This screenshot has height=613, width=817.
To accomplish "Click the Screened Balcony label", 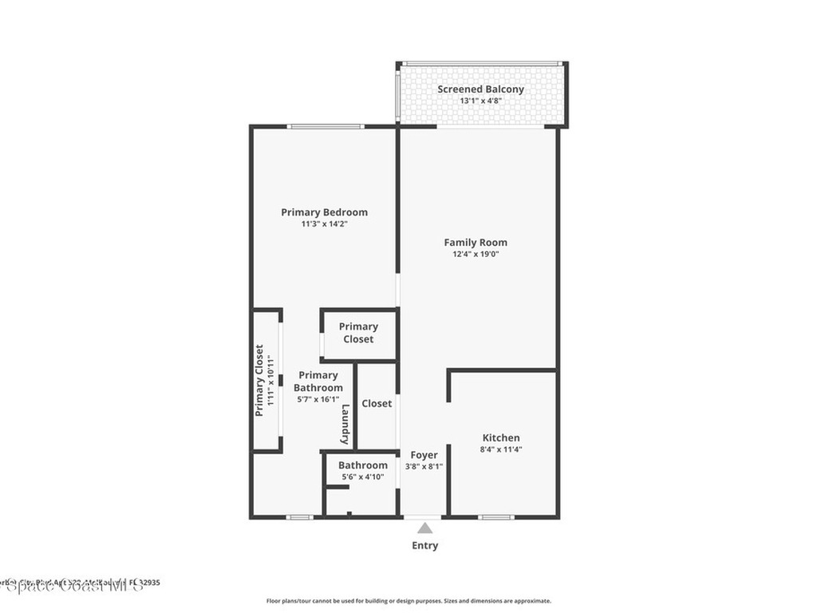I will (x=480, y=89).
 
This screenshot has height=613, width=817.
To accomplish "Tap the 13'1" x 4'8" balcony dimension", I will (x=480, y=101).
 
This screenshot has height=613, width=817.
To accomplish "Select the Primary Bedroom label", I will (x=324, y=212).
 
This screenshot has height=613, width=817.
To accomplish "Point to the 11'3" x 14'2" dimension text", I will (x=324, y=224).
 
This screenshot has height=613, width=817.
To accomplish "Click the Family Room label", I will (x=476, y=243).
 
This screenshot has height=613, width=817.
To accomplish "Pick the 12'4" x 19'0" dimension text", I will (x=476, y=255).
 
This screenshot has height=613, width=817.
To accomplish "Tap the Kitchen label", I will (x=501, y=437).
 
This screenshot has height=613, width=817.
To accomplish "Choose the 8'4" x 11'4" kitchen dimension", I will (x=501, y=449).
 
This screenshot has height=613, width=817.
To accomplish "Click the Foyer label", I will (x=424, y=455).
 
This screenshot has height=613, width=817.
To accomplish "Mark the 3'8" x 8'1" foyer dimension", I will (x=424, y=467).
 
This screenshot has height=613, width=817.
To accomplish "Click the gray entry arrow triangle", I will (x=425, y=528).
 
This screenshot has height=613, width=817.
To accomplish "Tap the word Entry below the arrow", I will (x=424, y=546).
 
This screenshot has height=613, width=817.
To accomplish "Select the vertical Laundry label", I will (x=345, y=425).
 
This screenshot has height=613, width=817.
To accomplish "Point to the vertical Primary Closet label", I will (x=259, y=381).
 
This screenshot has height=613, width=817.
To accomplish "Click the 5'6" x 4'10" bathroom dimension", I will (x=363, y=477).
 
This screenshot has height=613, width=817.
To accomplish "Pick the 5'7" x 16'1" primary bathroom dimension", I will (x=318, y=399).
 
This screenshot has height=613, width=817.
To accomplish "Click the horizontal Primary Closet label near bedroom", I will (x=358, y=333).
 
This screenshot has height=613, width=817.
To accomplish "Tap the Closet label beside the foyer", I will (x=377, y=404).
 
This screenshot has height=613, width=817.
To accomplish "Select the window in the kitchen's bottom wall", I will (x=496, y=517).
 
